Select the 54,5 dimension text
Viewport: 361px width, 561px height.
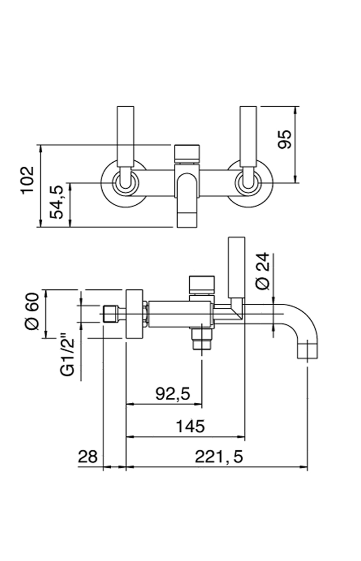(x=57, y=202)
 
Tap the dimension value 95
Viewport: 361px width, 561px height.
(x=285, y=139)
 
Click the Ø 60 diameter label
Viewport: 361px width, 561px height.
(x=32, y=311)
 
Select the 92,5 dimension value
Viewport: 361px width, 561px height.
(x=172, y=394)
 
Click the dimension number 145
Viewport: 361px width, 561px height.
(x=191, y=426)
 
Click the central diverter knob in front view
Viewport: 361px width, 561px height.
(x=187, y=153)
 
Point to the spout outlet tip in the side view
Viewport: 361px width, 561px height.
(x=307, y=350)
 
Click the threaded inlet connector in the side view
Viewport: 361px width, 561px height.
(x=110, y=314)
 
